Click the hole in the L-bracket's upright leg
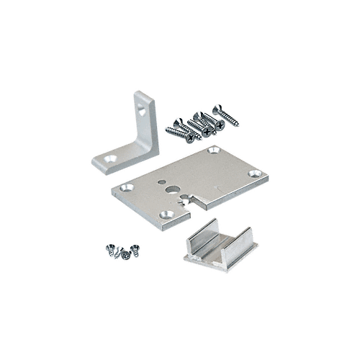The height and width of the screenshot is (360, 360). [146, 113]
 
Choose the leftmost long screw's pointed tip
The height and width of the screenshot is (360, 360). [167, 130]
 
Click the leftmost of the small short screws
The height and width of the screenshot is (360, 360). [110, 249]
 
